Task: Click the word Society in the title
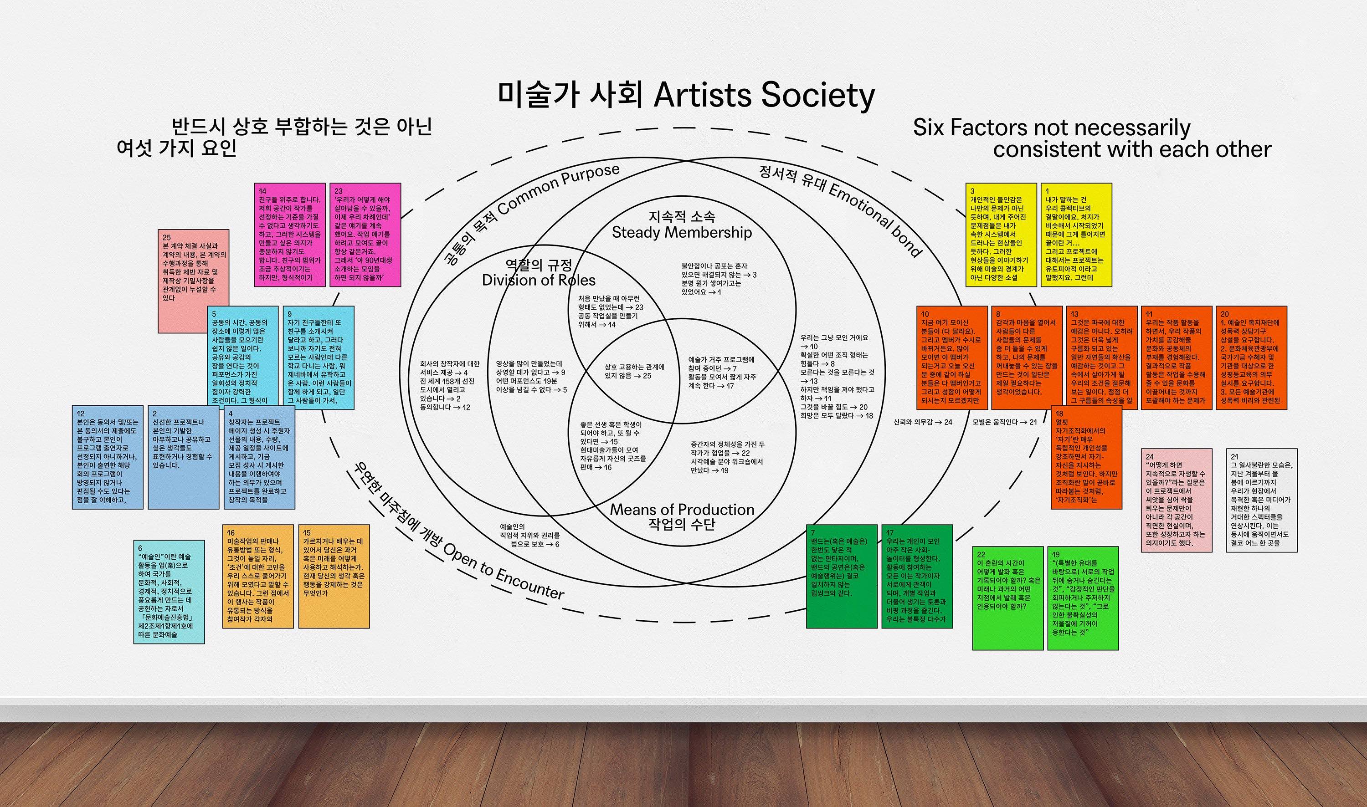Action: pos(817,96)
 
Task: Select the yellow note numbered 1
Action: pos(1076,235)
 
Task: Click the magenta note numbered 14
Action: pos(289,235)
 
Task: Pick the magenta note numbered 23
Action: pos(365,235)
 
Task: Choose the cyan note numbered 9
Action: pos(318,358)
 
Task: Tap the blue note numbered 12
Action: pos(108,457)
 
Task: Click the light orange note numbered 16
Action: pos(258,577)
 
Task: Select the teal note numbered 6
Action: pos(169,592)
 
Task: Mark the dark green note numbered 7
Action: pos(841,576)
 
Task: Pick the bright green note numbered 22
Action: pos(1007,598)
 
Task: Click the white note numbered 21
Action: pos(1261,501)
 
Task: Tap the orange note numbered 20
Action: pos(1251,358)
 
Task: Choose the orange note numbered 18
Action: pos(1086,457)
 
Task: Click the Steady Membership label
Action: pos(682,232)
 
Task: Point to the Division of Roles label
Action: pos(539,280)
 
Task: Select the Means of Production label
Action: pos(682,510)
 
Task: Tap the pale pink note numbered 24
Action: pos(1176,501)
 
